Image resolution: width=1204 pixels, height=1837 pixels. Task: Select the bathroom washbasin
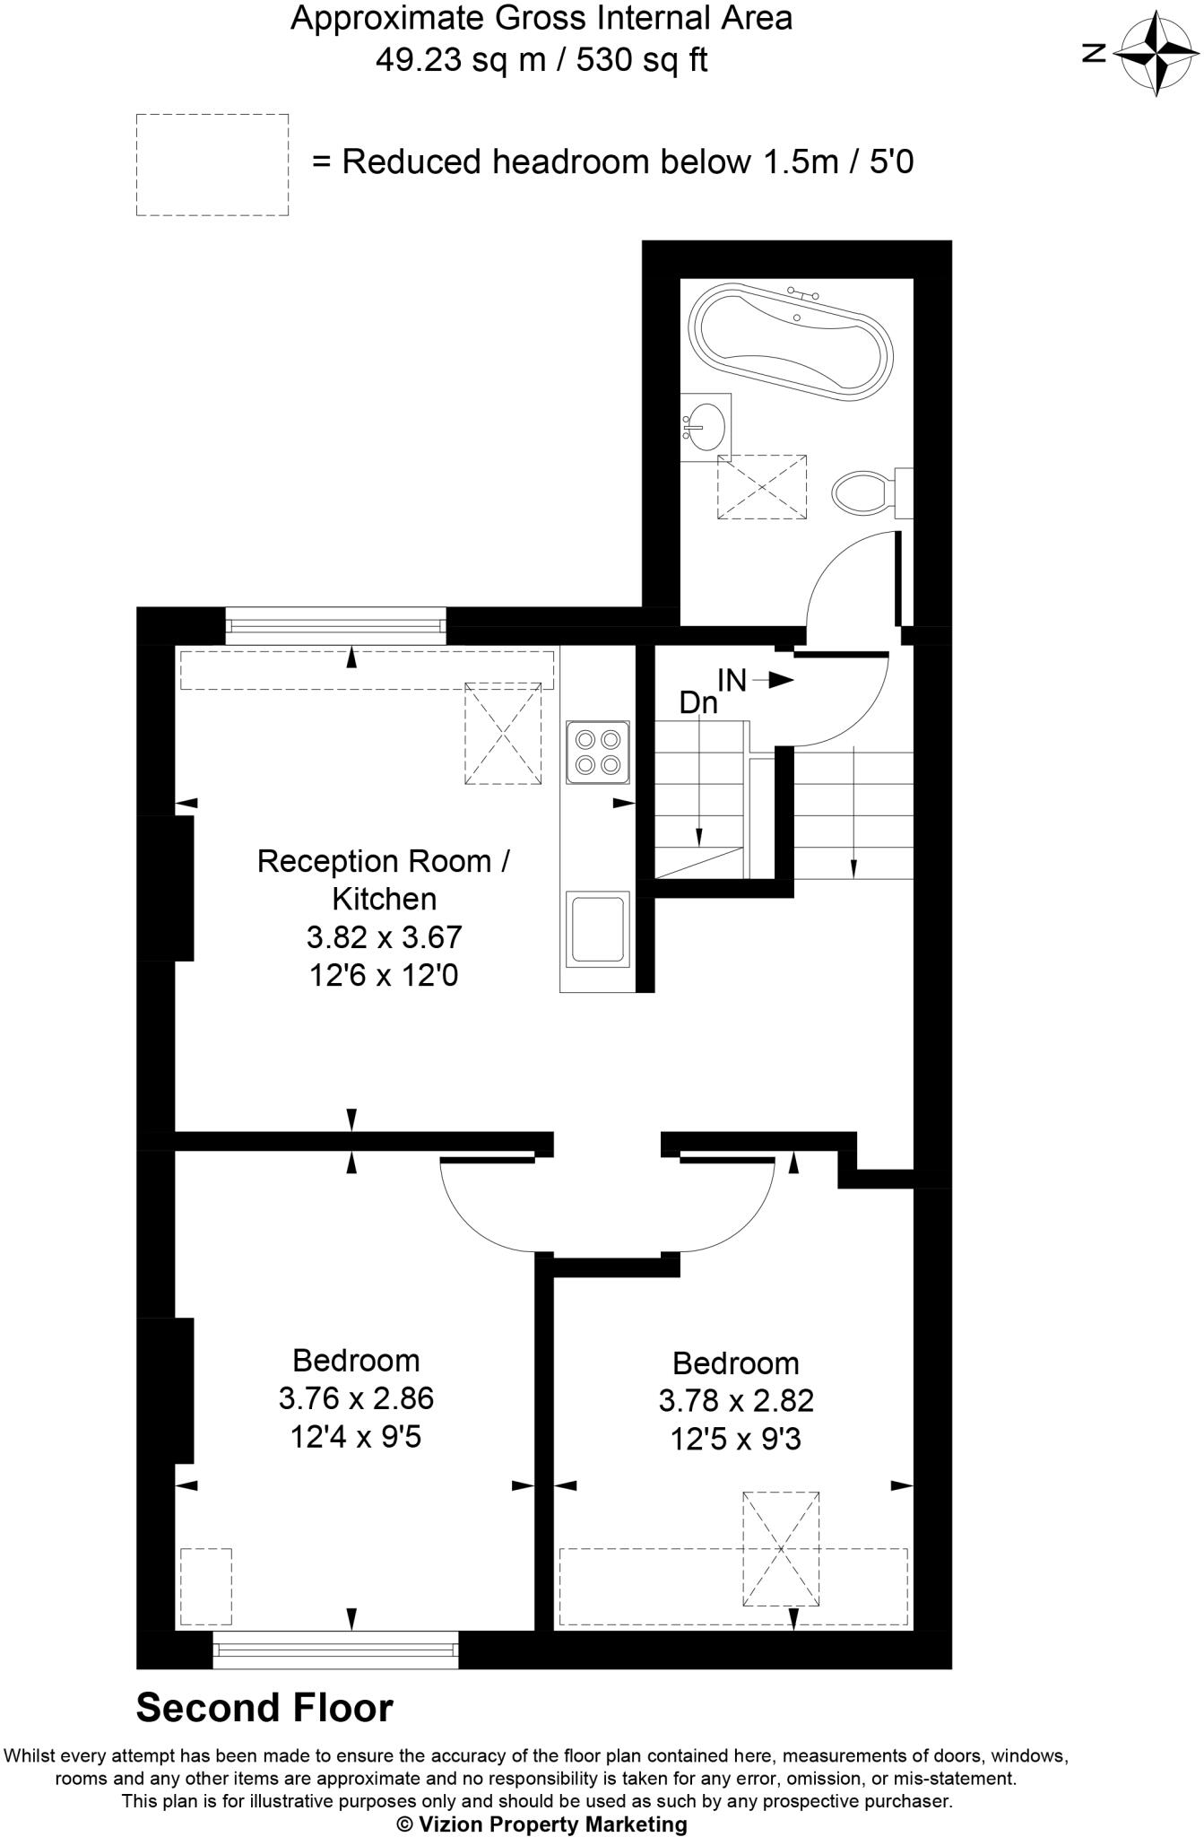point(706,425)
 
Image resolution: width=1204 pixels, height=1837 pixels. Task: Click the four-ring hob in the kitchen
point(599,752)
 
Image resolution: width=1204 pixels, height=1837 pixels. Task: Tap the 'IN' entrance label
point(732,681)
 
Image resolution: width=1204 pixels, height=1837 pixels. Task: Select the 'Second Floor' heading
point(264,1709)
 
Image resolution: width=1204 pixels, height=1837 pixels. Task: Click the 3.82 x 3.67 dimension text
point(384,937)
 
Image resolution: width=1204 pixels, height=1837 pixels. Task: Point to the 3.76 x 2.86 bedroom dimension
point(356,1398)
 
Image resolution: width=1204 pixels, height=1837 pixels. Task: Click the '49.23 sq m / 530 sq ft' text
point(541,60)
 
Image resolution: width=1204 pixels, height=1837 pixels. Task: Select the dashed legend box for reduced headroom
point(212,165)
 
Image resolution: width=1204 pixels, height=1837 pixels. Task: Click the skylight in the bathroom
point(761,486)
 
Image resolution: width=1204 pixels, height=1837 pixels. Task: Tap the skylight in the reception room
point(503,734)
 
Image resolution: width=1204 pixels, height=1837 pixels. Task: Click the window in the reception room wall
point(334,625)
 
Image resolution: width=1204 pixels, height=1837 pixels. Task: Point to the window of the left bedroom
point(335,1649)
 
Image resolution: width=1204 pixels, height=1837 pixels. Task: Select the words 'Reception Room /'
point(384,861)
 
